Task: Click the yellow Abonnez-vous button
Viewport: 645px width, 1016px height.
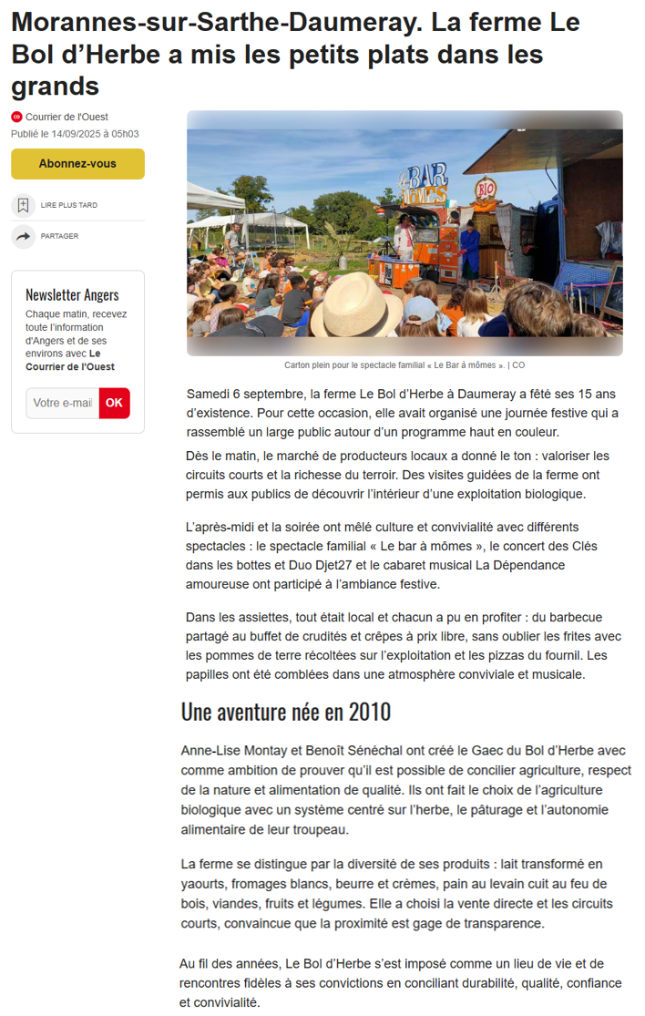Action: coord(77,164)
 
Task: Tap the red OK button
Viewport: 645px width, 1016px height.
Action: coord(114,403)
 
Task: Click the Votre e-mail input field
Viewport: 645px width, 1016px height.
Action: coord(63,403)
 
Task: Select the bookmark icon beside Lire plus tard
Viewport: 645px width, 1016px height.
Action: coord(23,205)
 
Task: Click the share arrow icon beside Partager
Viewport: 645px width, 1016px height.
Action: coord(23,236)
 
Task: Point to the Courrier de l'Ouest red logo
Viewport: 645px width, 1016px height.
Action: coord(16,117)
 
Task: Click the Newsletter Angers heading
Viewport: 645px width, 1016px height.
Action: coord(72,294)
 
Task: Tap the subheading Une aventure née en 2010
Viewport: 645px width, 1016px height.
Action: coord(286,711)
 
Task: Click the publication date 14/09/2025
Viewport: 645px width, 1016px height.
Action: coord(78,134)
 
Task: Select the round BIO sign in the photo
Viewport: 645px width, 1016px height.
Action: coord(486,189)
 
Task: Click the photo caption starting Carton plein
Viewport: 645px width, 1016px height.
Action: coord(404,365)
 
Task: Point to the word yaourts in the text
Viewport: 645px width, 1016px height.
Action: coord(206,884)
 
